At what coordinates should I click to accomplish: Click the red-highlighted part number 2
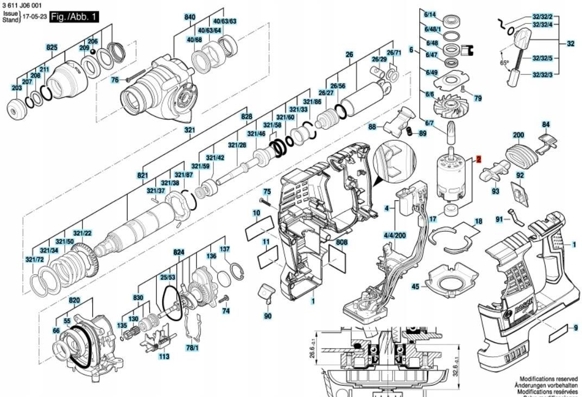tap(479, 159)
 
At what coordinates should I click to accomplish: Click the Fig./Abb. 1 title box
tap(73, 17)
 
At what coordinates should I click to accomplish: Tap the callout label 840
tap(189, 17)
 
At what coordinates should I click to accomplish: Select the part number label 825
tap(52, 48)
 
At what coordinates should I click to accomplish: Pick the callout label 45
tap(415, 286)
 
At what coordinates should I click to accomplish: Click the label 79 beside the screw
tap(478, 98)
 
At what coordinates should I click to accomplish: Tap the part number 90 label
tap(268, 316)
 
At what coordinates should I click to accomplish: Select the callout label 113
tap(164, 356)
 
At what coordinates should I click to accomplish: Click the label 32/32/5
tap(542, 58)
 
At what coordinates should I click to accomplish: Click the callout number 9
tap(576, 327)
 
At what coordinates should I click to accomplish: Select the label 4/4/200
tap(394, 236)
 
